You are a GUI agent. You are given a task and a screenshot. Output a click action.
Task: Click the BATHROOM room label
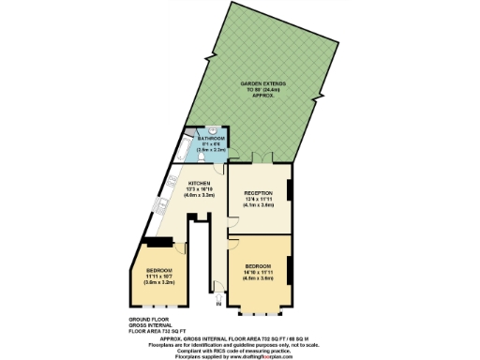(212, 138)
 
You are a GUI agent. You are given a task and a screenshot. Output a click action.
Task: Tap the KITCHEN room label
(201, 183)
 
